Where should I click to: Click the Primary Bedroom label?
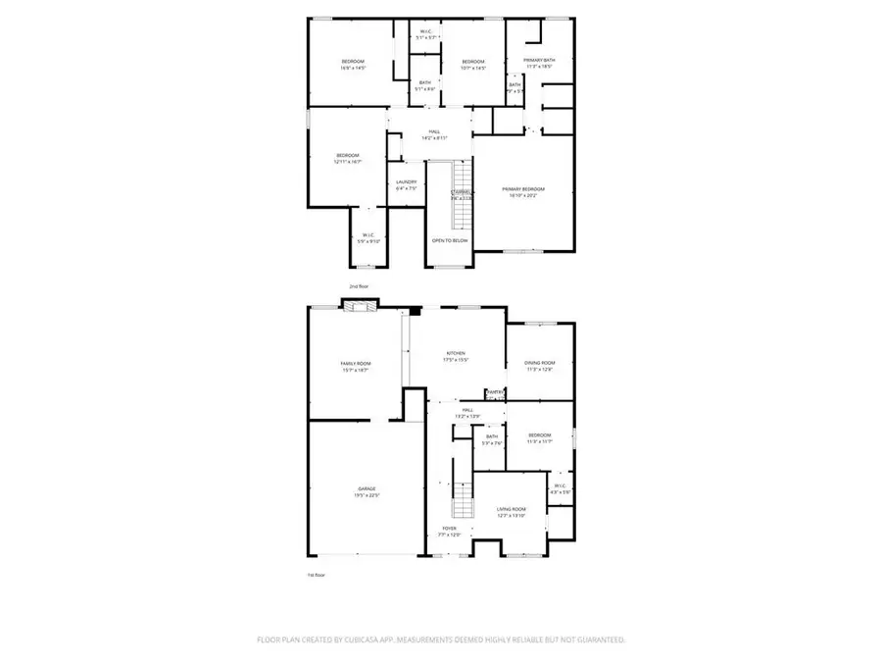(523, 189)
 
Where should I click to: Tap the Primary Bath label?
(539, 61)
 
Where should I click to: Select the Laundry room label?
(406, 182)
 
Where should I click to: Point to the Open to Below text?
(450, 240)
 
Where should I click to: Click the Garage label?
(367, 489)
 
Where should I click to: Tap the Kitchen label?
(456, 353)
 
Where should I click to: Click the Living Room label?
(511, 509)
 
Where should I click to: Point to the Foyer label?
(448, 529)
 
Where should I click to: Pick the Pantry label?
(496, 392)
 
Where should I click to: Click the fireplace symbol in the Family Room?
(359, 308)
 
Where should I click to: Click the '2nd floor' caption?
(358, 286)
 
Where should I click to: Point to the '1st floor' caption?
(316, 574)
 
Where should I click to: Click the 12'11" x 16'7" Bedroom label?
(348, 156)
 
